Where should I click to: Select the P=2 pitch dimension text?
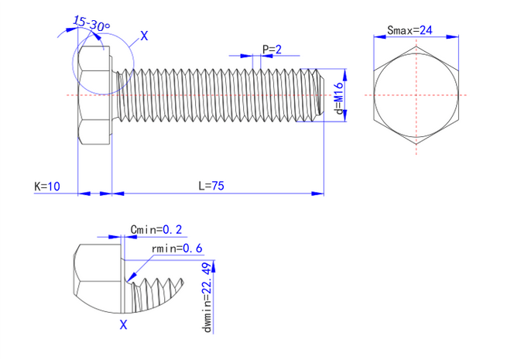pos(271,50)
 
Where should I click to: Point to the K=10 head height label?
pos(46,187)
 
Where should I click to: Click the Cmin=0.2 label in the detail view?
pos(156,229)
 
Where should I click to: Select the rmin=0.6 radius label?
pos(177,249)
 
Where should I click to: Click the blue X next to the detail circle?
pos(145,36)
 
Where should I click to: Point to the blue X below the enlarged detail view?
pos(123,325)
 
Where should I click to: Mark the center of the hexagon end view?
pos(419,95)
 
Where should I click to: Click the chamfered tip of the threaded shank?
pos(318,94)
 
